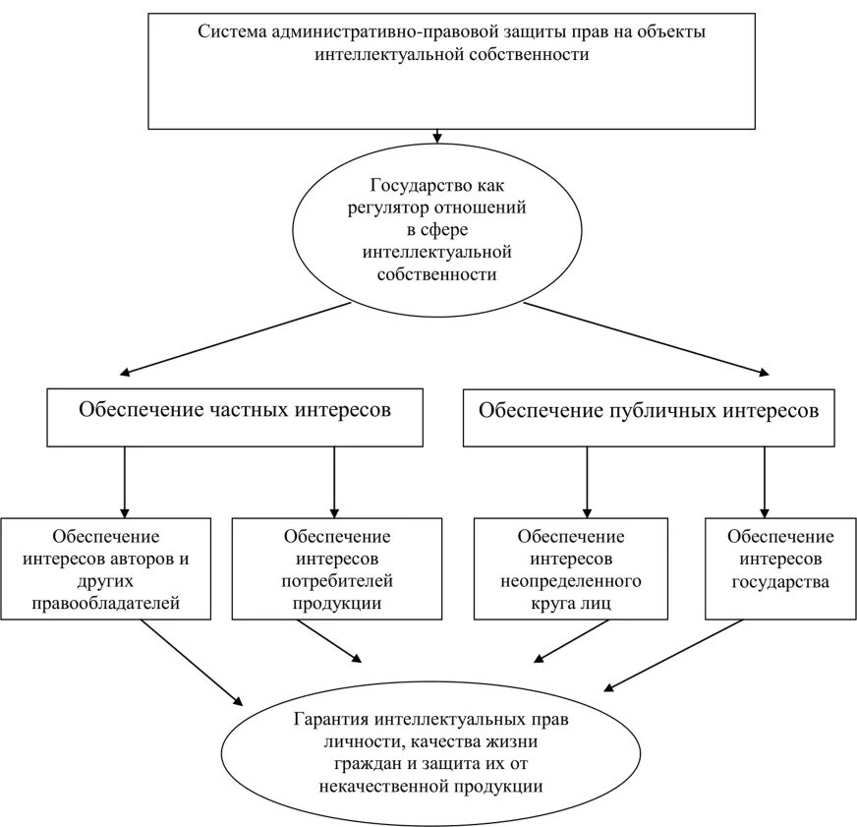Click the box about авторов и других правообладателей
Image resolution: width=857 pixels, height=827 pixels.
tap(106, 568)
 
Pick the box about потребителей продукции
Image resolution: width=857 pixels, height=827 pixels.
tap(336, 568)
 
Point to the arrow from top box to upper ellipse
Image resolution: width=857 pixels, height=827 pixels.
tap(436, 137)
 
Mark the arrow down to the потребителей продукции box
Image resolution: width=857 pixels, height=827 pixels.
tap(334, 482)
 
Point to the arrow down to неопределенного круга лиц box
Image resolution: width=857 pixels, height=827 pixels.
tap(587, 482)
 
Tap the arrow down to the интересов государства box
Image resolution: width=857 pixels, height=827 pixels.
tap(764, 482)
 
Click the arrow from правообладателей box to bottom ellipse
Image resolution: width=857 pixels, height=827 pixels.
tap(191, 663)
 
